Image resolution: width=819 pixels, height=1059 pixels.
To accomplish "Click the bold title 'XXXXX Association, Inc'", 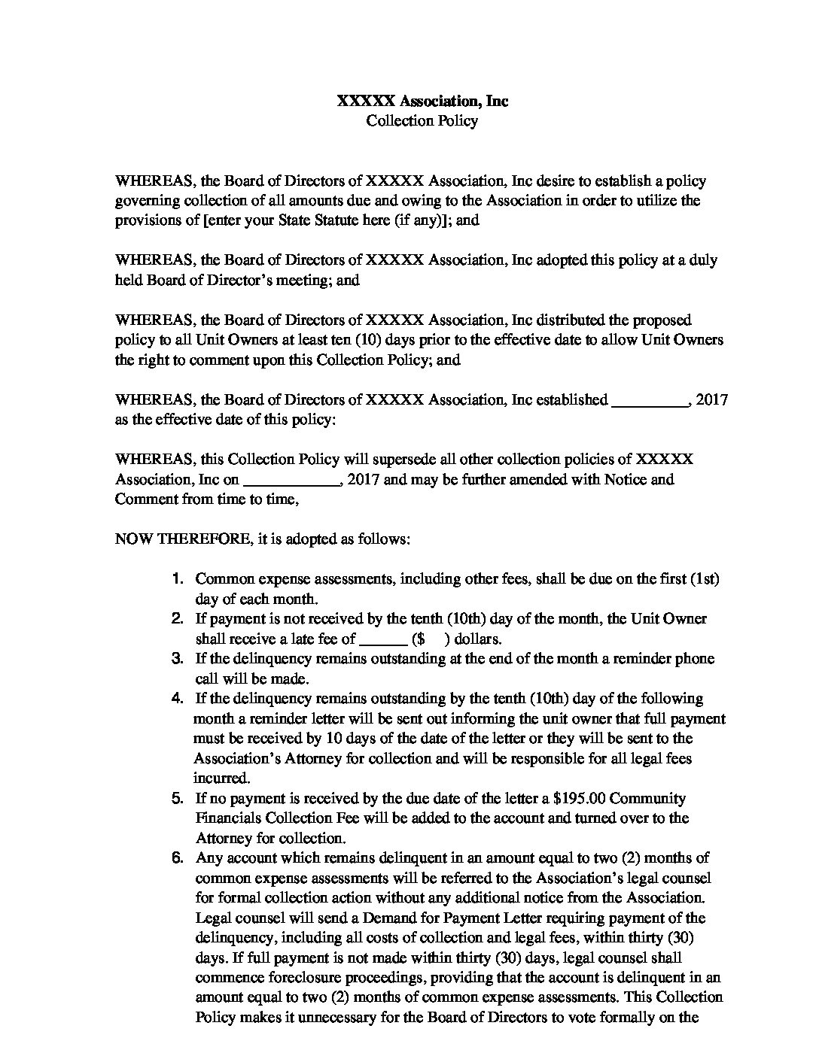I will coord(422,101).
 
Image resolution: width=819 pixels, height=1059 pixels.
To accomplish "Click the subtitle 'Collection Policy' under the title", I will coord(422,120).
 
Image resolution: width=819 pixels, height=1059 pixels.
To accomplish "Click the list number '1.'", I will coord(178,579).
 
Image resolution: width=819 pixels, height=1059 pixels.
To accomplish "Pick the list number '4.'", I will coord(178,699).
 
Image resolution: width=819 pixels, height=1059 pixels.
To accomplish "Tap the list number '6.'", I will coord(178,858).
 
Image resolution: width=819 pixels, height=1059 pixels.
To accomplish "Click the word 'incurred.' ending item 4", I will coord(221,778).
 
